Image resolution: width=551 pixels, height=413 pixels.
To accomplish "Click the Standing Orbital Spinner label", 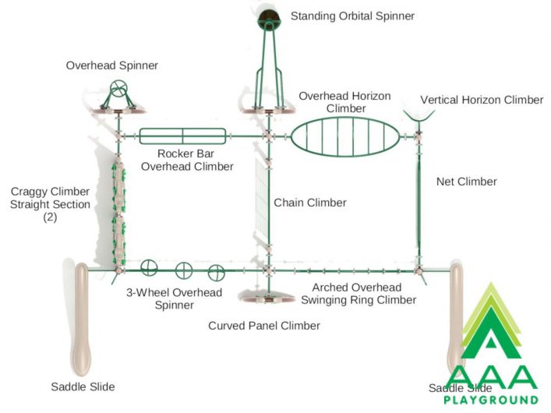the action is pyautogui.click(x=352, y=16).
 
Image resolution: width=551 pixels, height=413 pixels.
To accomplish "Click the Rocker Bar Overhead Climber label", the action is pyautogui.click(x=187, y=160).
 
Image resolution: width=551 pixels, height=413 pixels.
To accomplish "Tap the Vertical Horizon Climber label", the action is pyautogui.click(x=482, y=100).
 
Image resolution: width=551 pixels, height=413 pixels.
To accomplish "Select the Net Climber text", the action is pyautogui.click(x=467, y=182).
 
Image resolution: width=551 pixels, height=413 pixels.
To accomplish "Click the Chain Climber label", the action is pyautogui.click(x=310, y=203).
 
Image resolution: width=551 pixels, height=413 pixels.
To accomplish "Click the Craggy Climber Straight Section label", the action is pyautogui.click(x=50, y=204).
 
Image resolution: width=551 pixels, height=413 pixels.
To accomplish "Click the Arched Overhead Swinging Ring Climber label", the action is pyautogui.click(x=359, y=294).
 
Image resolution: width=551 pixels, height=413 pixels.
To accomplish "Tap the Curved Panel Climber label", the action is pyautogui.click(x=264, y=326).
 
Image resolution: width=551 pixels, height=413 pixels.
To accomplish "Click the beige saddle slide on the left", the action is pyautogui.click(x=82, y=319).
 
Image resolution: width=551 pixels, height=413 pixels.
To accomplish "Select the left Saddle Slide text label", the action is pyautogui.click(x=83, y=387).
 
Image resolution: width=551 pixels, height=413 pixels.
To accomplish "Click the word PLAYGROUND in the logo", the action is pyautogui.click(x=491, y=400).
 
